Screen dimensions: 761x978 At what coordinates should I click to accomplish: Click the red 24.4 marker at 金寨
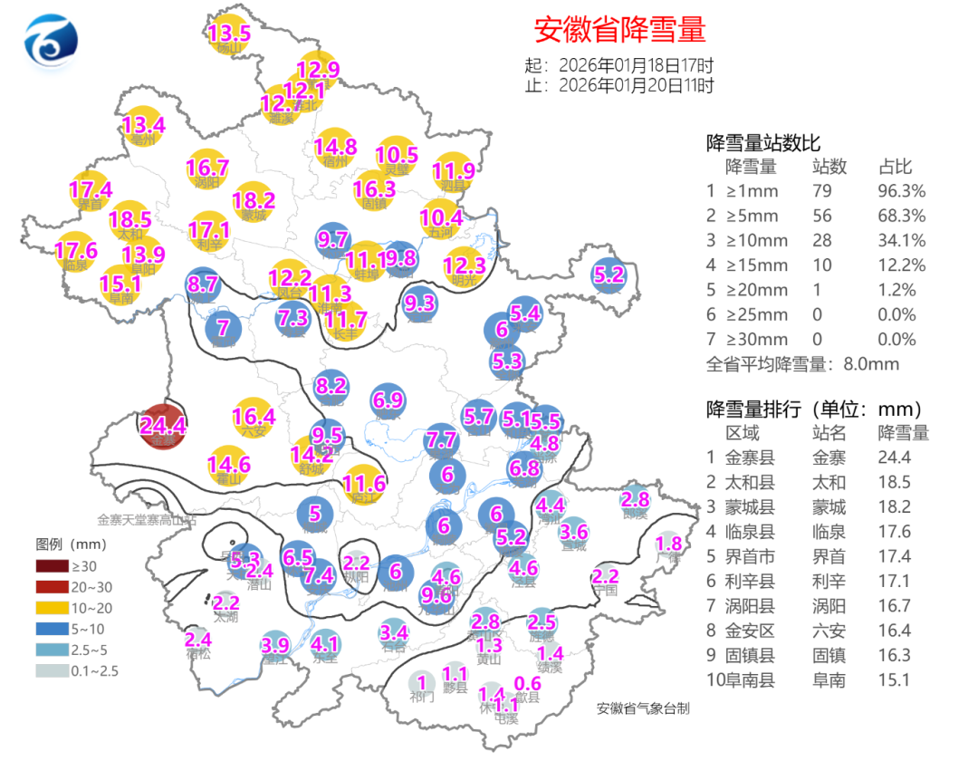point(163,427)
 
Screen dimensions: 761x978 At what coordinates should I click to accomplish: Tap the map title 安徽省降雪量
point(619,29)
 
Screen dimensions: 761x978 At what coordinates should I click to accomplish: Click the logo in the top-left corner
point(50,43)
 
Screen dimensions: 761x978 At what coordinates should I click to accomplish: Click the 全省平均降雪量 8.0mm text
point(802,364)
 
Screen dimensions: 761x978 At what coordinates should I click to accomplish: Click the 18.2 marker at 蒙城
point(254,202)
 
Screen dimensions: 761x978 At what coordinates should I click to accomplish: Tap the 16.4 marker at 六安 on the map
point(254,418)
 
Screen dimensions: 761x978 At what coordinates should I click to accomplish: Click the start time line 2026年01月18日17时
point(619,65)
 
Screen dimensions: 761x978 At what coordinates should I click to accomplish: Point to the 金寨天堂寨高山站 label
point(146,520)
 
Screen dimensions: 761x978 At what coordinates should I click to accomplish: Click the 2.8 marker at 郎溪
point(636,500)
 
